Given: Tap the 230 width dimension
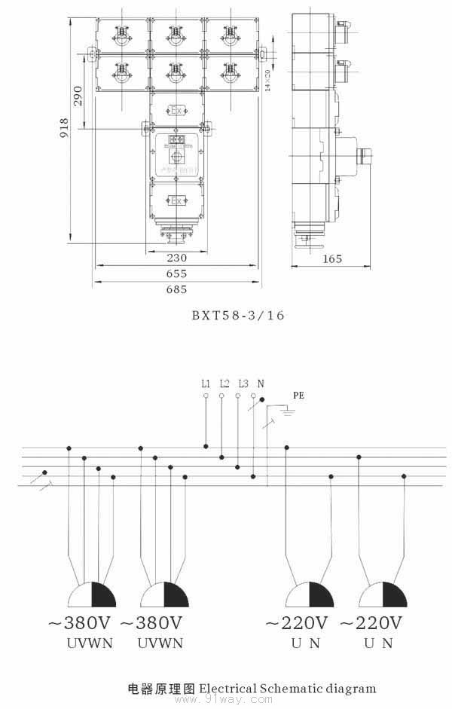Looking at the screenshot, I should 176,258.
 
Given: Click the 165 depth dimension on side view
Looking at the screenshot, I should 331,258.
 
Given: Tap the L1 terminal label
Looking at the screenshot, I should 206,384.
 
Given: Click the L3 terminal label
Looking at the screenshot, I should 243,384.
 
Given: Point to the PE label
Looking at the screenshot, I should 299,394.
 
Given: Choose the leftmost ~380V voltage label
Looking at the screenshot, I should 81,624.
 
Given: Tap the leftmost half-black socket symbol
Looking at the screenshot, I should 92,594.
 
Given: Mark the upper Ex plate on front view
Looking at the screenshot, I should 177,111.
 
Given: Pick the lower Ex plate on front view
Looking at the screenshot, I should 177,200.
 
